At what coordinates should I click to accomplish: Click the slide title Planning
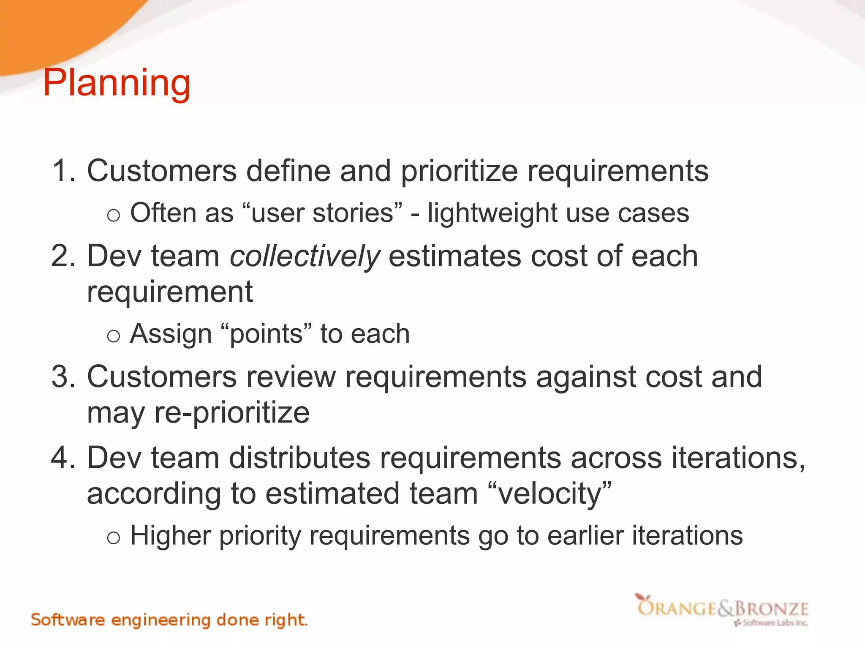[117, 83]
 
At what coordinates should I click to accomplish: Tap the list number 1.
[63, 171]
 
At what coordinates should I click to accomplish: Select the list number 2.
[63, 256]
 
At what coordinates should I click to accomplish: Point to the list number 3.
[63, 376]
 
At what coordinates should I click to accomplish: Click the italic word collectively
[304, 257]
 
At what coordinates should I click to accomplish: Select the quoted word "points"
[266, 334]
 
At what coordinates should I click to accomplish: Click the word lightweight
[492, 213]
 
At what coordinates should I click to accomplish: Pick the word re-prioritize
[232, 413]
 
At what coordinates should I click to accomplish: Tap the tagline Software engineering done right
[169, 620]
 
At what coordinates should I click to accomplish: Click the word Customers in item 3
[161, 376]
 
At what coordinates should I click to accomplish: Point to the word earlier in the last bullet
[585, 536]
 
